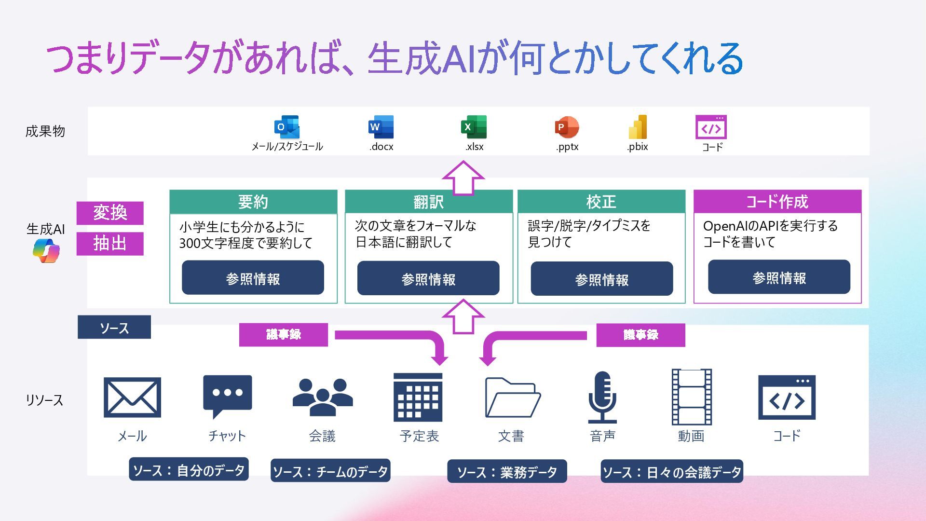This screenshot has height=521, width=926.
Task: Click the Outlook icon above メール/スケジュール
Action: click(x=287, y=127)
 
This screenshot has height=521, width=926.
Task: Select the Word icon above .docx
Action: click(x=381, y=127)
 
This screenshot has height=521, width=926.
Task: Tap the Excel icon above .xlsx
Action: click(x=474, y=127)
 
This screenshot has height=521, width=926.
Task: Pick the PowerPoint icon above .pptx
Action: click(x=567, y=127)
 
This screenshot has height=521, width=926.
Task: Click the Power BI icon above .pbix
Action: click(x=638, y=127)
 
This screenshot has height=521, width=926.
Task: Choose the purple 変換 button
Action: click(x=110, y=213)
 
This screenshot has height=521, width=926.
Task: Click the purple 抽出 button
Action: click(x=110, y=244)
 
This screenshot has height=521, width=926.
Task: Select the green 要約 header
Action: click(x=253, y=202)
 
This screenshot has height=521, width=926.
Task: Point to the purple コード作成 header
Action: click(x=777, y=202)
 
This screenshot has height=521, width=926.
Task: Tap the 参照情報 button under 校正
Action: click(x=601, y=279)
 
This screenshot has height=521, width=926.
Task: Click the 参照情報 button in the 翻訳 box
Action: click(x=428, y=278)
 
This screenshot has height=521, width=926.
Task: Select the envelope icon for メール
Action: click(x=132, y=398)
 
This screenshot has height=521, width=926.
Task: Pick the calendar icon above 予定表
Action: click(x=418, y=398)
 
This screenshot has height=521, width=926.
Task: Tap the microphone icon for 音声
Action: click(x=602, y=397)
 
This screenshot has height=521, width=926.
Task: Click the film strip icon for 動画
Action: click(x=692, y=397)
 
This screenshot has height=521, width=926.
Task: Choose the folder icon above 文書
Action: click(x=512, y=398)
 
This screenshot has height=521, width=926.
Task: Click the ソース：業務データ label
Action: click(x=507, y=471)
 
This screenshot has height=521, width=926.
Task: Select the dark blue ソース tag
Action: click(x=114, y=328)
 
